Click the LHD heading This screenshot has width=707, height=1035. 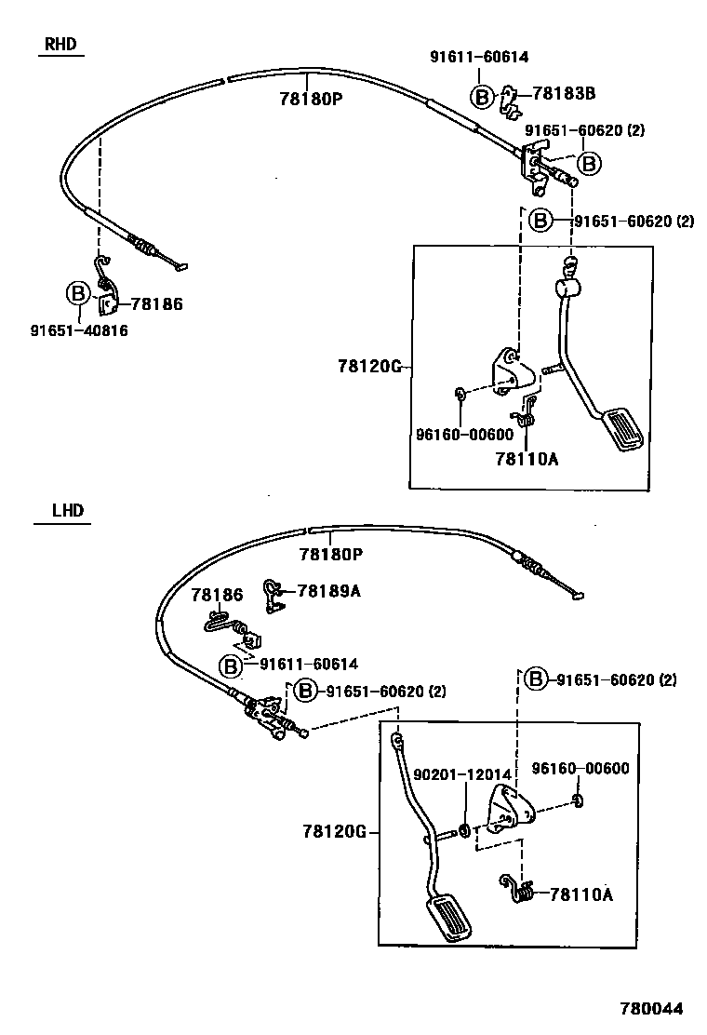[66, 510]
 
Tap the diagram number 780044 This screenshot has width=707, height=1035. [652, 1009]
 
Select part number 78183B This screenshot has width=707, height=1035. [564, 94]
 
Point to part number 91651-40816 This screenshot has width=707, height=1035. [79, 330]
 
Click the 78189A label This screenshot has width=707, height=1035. [328, 590]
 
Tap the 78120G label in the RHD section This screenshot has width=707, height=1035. [368, 367]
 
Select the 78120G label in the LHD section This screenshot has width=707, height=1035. [333, 831]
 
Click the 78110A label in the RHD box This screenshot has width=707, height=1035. [527, 458]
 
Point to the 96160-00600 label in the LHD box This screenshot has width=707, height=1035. [580, 768]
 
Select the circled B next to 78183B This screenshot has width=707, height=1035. [482, 96]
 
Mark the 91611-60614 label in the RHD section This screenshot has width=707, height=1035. [478, 56]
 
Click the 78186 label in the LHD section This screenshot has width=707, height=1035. [217, 595]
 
